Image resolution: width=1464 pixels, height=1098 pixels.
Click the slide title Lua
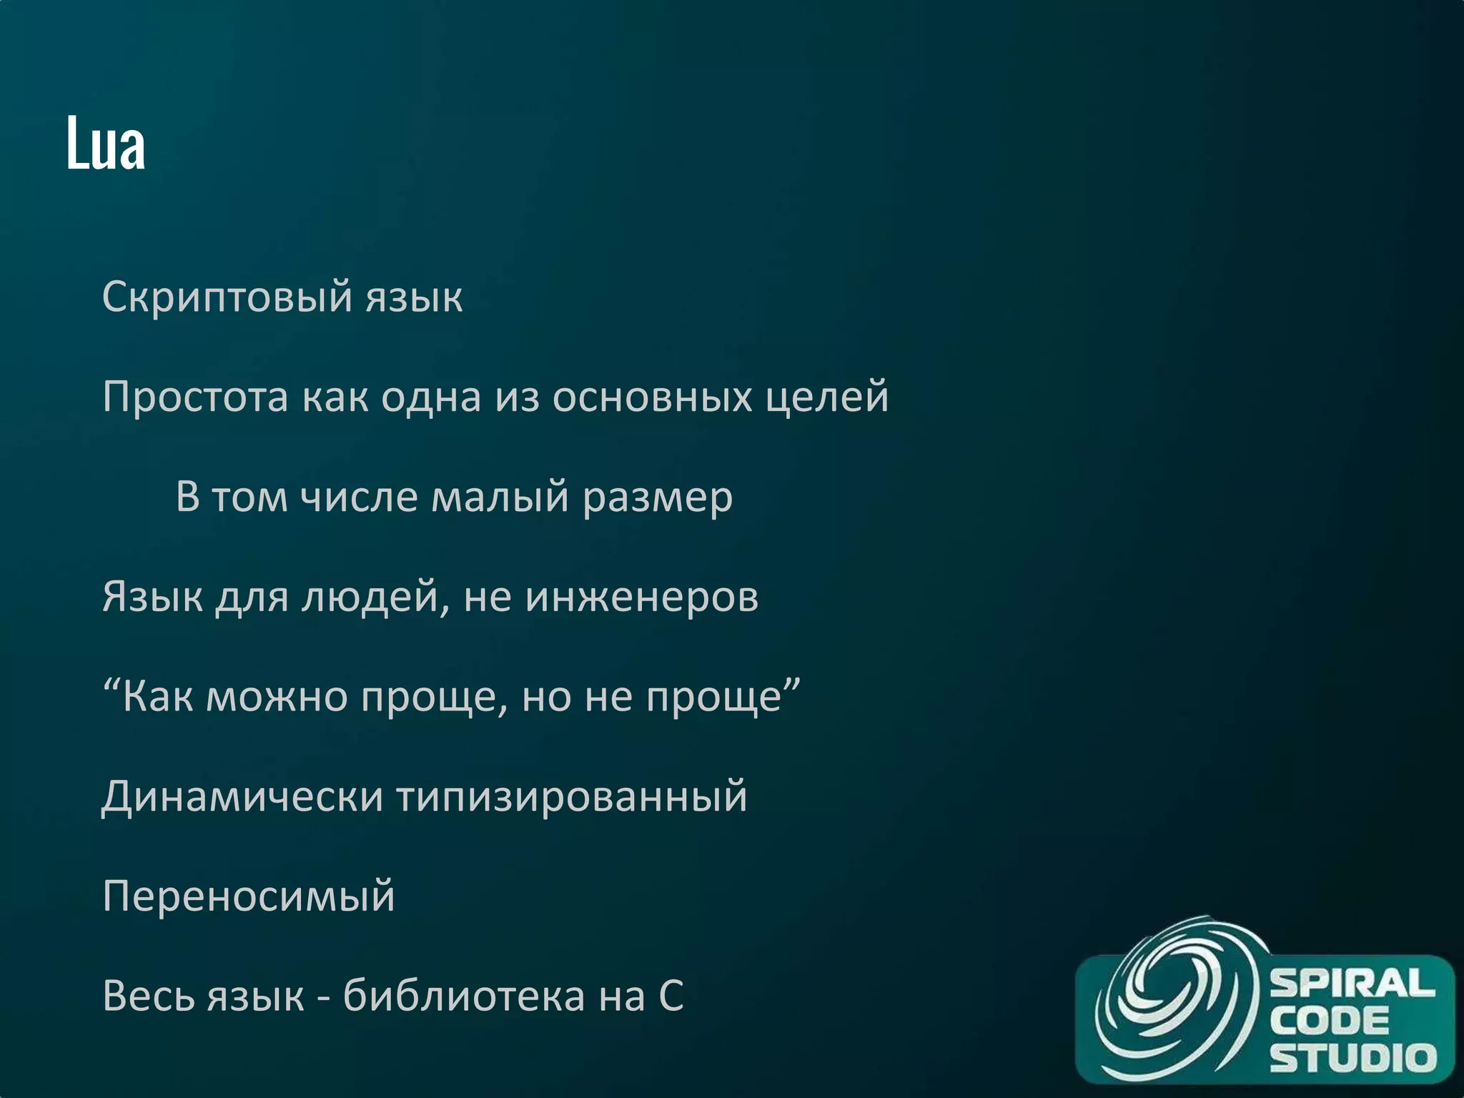pos(106,144)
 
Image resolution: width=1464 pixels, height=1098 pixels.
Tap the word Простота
pos(195,397)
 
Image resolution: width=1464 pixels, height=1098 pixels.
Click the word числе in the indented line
pos(358,498)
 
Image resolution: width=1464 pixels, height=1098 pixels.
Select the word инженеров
pos(641,598)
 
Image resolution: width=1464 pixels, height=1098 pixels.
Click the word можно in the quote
pos(277,698)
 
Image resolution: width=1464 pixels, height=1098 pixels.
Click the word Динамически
pos(243,798)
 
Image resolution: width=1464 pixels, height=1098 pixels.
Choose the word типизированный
pos(572,798)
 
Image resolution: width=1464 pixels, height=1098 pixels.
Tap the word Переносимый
pos(249,896)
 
